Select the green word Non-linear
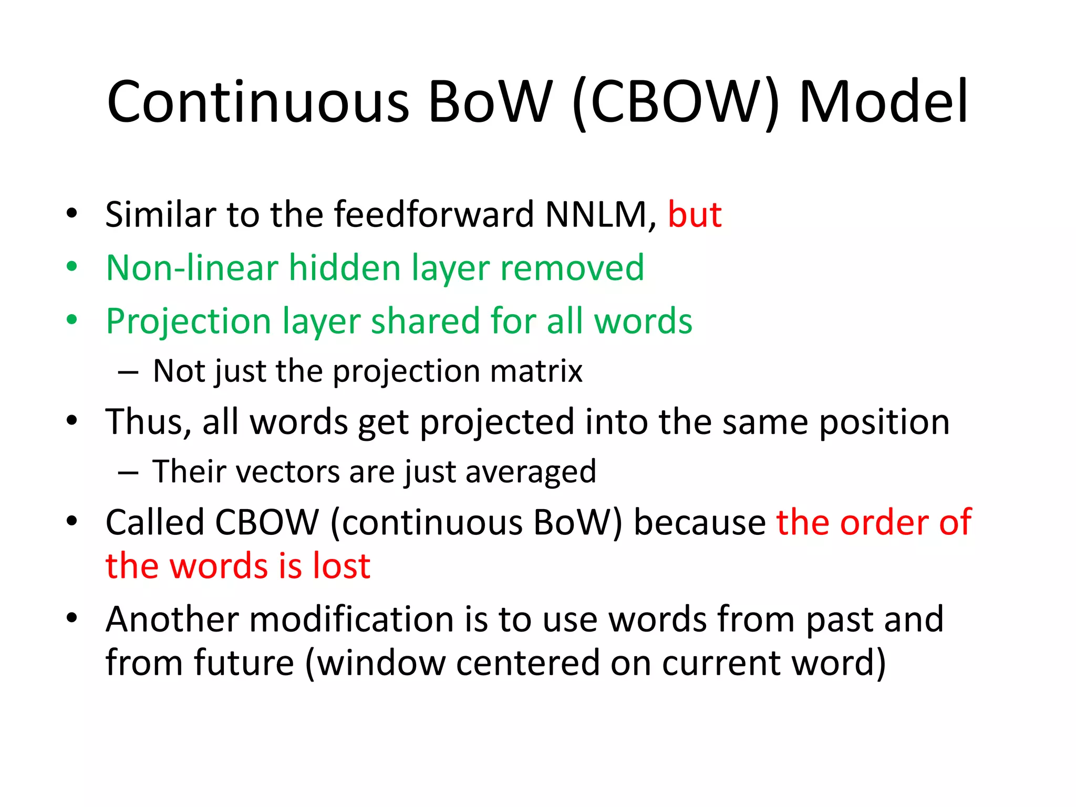(192, 268)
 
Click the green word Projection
(189, 322)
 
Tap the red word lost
(342, 566)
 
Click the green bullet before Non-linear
(72, 267)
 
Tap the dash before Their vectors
(128, 473)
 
